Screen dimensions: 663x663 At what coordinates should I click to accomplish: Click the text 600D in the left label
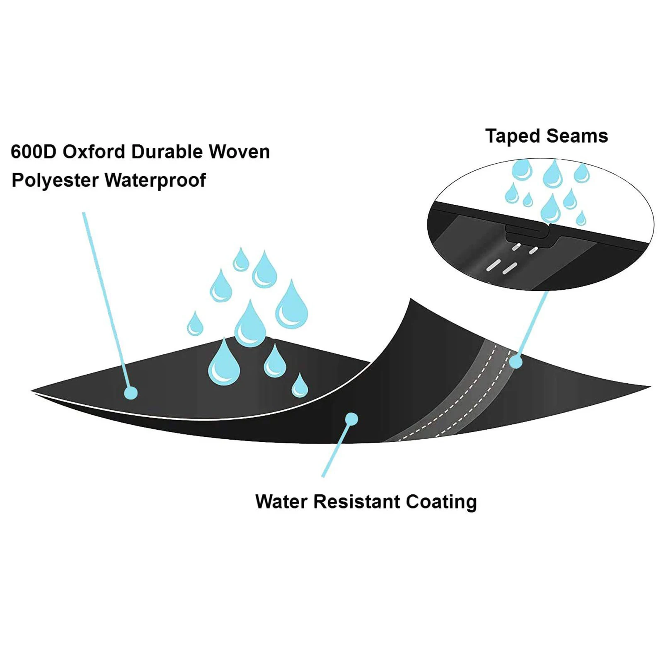pos(33,152)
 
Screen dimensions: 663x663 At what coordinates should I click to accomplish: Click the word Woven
pos(239,152)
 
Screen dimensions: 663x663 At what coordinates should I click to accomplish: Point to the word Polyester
pos(55,181)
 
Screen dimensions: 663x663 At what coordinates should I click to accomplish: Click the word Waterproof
pos(155,181)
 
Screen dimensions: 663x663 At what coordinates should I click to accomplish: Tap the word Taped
pos(513,136)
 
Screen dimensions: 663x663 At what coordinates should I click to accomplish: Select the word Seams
pos(577,136)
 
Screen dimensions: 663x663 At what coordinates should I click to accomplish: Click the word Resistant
pos(357,502)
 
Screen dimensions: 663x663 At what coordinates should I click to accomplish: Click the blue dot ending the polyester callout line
pos(131,392)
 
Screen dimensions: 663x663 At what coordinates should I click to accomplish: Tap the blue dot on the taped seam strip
pos(515,362)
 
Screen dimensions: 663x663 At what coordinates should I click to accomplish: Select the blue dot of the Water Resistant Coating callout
pos(351,419)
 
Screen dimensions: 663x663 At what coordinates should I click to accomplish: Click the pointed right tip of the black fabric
pos(648,387)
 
